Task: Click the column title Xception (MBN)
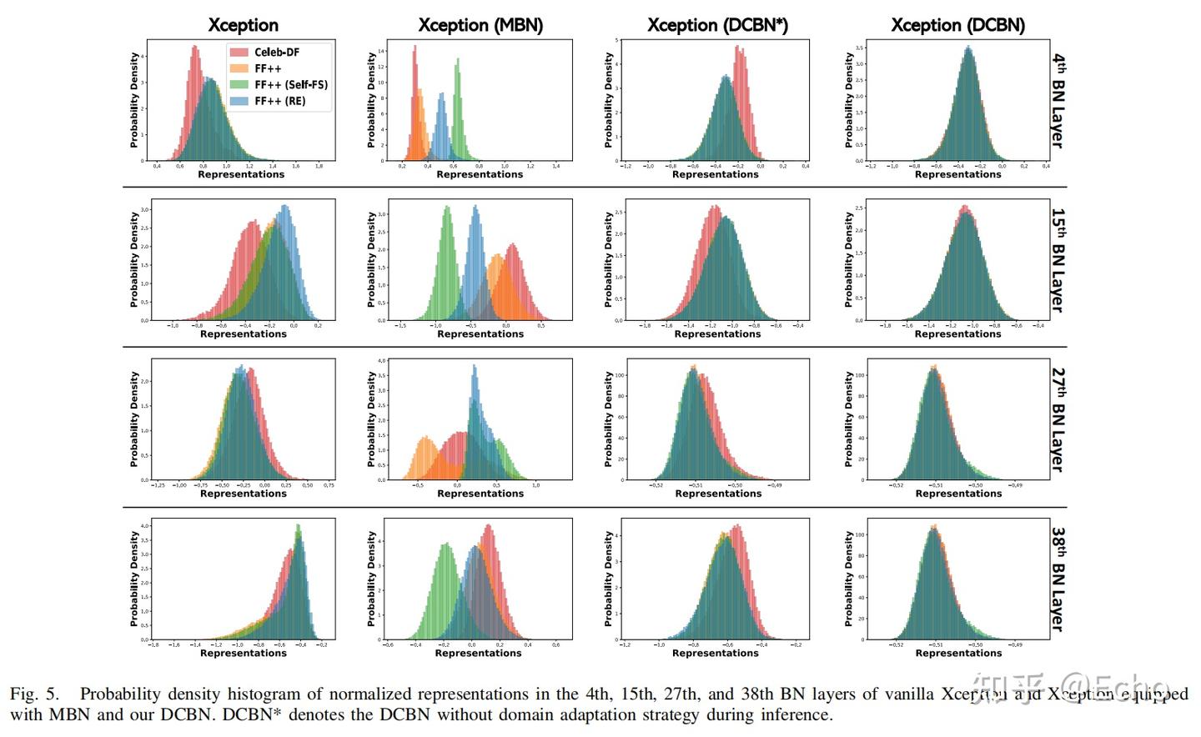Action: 480,25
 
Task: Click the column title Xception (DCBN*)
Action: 717,25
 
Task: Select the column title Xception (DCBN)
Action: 957,25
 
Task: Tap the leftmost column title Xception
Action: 243,25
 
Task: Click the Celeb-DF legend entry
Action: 276,52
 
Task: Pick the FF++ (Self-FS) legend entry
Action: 290,84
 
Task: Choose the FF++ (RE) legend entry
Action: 279,101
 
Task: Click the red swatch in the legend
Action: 239,52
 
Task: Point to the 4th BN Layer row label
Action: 1058,101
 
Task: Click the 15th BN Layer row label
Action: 1058,260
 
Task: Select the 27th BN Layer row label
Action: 1058,419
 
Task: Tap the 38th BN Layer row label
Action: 1058,579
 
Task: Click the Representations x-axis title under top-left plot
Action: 241,174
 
